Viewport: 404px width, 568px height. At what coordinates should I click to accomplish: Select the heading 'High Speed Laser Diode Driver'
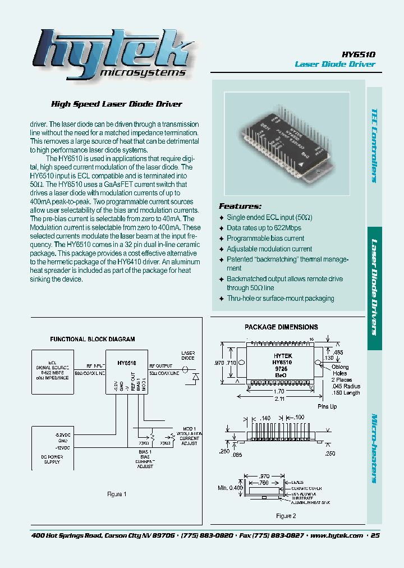117,104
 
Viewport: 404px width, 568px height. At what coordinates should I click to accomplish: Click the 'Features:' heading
240,206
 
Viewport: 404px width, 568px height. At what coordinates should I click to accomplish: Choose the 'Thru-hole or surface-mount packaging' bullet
280,299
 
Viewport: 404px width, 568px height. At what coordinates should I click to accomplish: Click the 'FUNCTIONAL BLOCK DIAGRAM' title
93,340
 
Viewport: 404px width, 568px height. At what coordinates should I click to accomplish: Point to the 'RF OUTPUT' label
161,365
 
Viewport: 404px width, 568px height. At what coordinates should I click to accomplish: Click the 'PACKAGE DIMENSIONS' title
281,327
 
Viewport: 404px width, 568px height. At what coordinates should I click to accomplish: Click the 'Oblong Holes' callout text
341,370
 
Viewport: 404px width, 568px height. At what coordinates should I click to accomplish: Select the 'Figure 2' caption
286,516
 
